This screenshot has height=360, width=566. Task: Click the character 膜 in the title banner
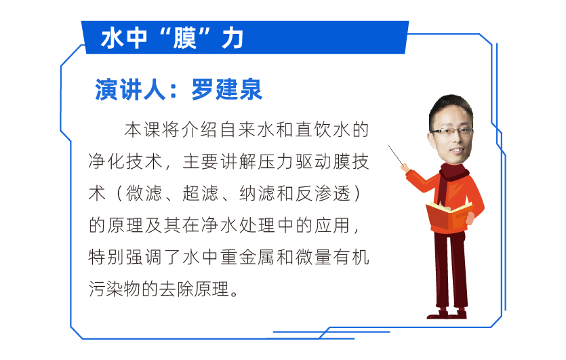pos(184,38)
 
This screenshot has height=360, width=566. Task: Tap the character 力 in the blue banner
pos(233,38)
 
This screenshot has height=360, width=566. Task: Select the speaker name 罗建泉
pos(226,89)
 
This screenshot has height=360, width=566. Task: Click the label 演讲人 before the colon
pos(130,89)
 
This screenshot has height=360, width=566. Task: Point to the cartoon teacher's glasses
pos(451,132)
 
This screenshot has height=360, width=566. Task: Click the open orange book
pos(449,215)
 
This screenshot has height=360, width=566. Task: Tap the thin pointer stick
pos(396,155)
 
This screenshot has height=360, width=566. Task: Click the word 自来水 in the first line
pos(247,129)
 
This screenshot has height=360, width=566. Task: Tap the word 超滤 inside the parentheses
pos(201,193)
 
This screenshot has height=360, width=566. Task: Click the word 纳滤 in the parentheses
pos(257,193)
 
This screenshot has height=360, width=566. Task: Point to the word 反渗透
pos(323,193)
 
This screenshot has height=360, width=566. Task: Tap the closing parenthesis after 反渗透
pos(357,193)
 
